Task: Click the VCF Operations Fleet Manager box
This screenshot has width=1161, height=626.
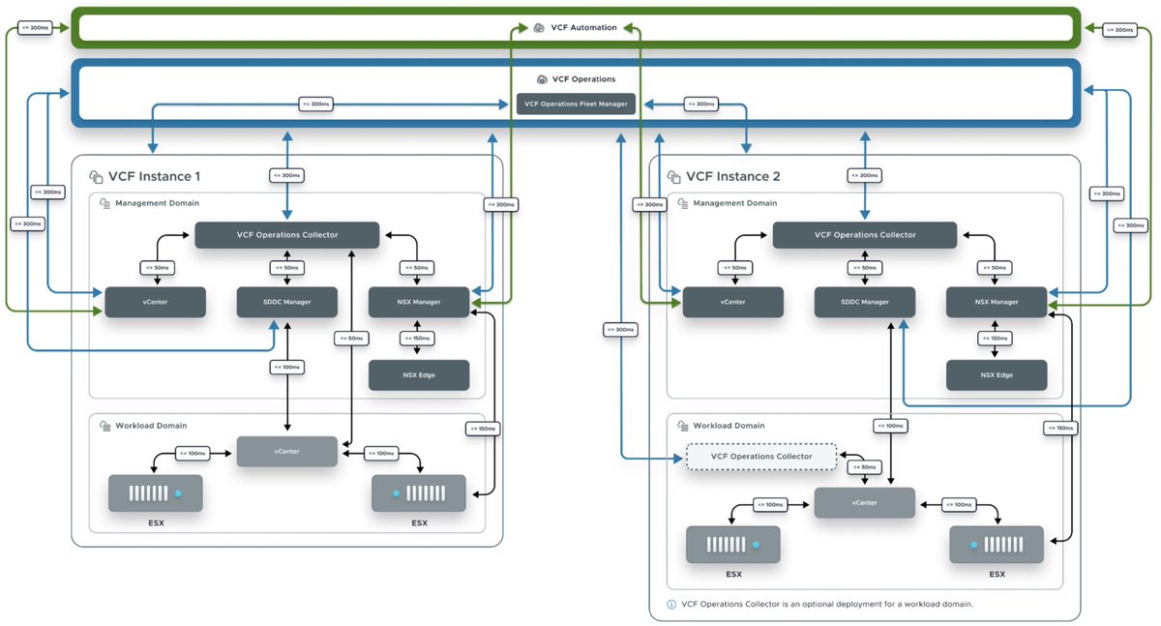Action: click(576, 104)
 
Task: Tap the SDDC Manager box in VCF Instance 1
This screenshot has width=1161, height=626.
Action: click(286, 302)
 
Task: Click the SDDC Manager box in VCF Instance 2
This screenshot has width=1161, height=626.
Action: click(864, 302)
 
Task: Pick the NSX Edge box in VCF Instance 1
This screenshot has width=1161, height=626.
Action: click(418, 374)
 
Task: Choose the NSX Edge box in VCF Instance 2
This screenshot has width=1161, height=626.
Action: click(996, 374)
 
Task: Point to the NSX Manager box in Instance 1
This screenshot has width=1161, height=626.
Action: click(418, 302)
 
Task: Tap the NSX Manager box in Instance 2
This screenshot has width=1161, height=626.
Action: click(996, 302)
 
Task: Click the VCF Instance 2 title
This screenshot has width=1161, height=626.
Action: click(732, 177)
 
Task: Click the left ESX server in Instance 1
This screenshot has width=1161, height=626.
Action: click(156, 493)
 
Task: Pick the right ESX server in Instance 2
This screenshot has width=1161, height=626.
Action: click(997, 545)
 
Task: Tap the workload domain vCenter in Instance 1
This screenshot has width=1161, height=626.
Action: click(286, 451)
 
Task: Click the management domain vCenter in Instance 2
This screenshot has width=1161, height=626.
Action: click(732, 302)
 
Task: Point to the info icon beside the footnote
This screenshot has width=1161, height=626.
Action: click(671, 604)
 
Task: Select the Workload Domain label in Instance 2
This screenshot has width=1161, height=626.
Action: click(729, 426)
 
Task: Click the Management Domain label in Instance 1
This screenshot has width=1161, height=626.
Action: click(158, 203)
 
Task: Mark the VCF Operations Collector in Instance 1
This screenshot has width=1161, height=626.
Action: click(286, 234)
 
